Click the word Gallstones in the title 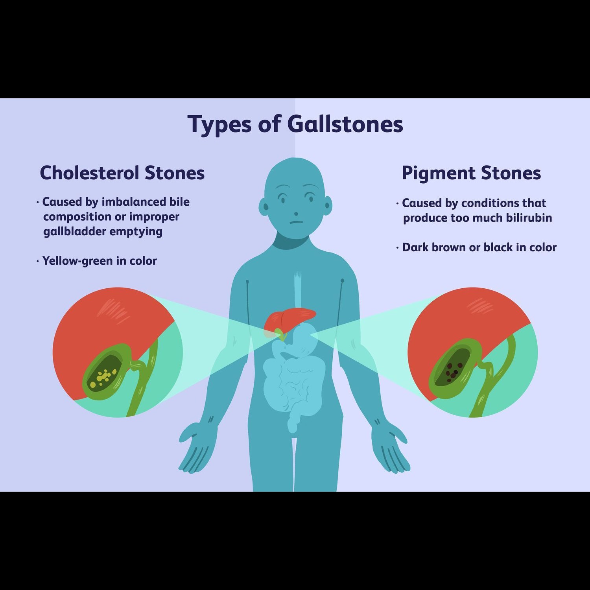(345, 124)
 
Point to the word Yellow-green (77, 261)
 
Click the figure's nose (296, 214)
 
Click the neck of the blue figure (295, 240)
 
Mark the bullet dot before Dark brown (397, 248)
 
